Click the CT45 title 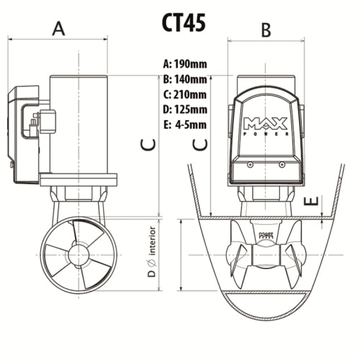click(x=184, y=21)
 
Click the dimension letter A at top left click(x=59, y=28)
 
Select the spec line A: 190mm click(x=185, y=64)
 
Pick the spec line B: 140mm click(x=185, y=79)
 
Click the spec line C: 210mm click(x=185, y=94)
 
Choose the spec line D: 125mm click(x=185, y=109)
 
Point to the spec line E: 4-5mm click(x=185, y=125)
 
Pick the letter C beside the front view click(x=201, y=144)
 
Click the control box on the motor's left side click(x=25, y=133)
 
